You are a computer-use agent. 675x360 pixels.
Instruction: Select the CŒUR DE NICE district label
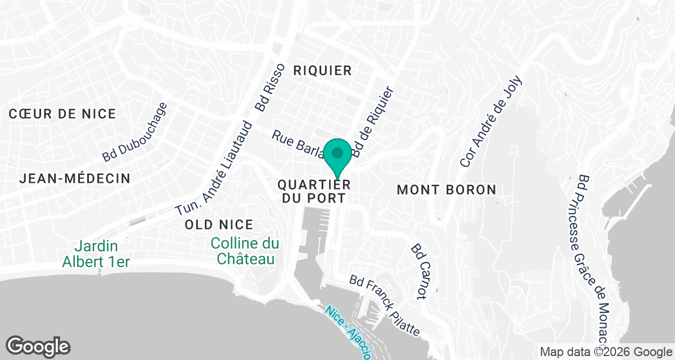point(62,114)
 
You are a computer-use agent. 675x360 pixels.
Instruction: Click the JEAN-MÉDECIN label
point(75,178)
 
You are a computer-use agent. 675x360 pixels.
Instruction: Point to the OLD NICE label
point(219,224)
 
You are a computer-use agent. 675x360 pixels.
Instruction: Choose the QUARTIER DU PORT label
point(314,191)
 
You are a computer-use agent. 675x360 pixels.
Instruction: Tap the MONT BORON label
point(447,190)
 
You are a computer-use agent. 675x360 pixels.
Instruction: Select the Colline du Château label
point(245,251)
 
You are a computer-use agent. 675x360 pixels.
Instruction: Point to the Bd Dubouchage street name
point(135,132)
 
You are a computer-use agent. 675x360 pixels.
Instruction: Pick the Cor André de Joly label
point(491,121)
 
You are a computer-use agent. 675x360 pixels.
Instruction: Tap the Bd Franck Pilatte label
point(385,305)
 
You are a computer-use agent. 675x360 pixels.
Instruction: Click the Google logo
point(39,345)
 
